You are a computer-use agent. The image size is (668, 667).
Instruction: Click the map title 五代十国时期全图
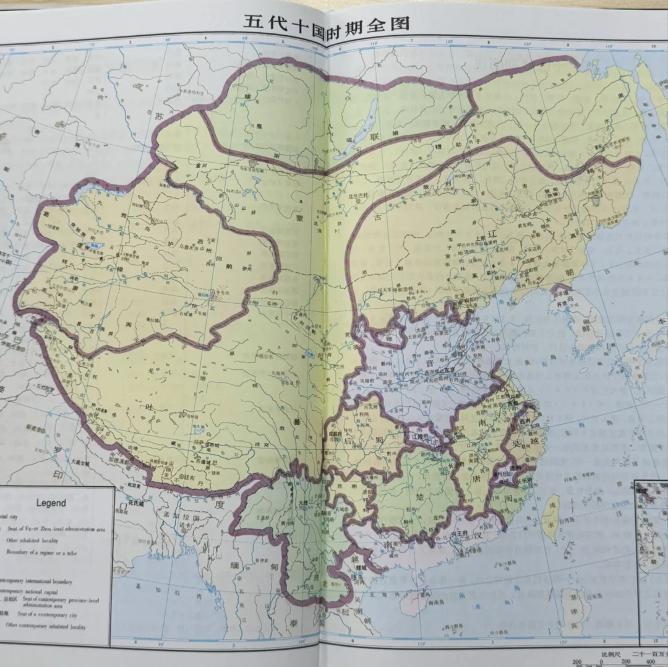[x=326, y=24]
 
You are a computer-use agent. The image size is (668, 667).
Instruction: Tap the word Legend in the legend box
[x=51, y=503]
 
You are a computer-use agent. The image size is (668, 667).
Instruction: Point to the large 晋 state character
[x=428, y=368]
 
